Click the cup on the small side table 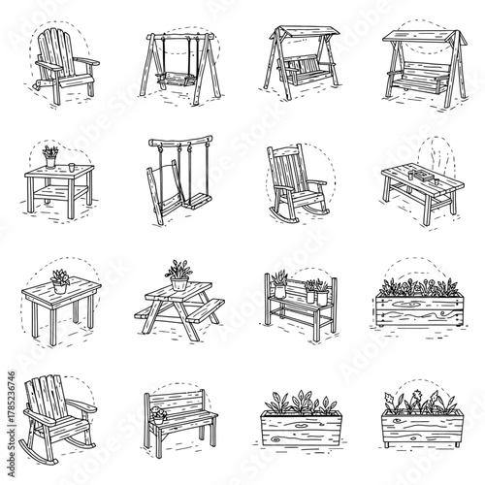click(72, 166)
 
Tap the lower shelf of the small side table click(57, 194)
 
